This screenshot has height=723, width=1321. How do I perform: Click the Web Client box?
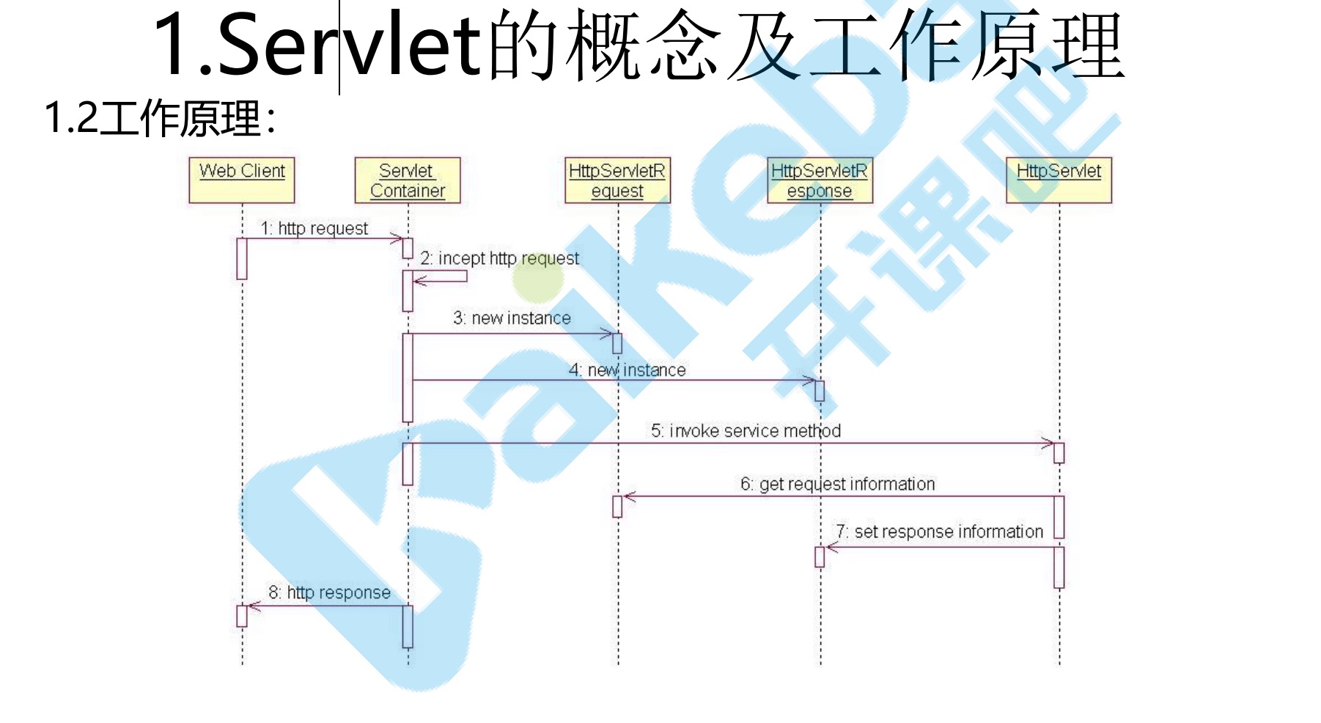point(242,180)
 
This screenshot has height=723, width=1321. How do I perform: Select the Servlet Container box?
point(408,180)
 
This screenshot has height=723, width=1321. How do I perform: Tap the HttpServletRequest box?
point(617,180)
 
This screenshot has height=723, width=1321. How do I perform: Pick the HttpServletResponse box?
point(820,180)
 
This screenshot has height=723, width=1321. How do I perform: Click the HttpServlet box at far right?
point(1059,180)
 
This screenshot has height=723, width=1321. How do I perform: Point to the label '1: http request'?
point(314,229)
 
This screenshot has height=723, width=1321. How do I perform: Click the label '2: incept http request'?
point(499,258)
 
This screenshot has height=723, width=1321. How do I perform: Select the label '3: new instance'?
point(512,318)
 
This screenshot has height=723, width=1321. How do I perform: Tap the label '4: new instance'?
point(628,370)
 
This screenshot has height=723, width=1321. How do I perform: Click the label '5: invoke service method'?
point(746,431)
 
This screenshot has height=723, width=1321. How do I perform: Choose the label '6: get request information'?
point(837,484)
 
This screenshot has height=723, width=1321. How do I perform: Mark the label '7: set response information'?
point(939,532)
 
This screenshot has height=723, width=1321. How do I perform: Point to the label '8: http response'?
point(329,592)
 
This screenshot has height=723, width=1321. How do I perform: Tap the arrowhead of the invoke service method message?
point(1048,443)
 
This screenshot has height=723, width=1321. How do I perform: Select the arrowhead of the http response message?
point(253,606)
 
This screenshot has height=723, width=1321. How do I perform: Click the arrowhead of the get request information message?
point(629,496)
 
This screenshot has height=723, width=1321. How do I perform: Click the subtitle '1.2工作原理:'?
point(160,118)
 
